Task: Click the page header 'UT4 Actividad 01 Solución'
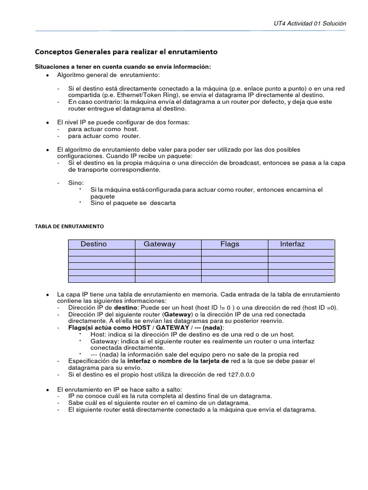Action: click(x=309, y=23)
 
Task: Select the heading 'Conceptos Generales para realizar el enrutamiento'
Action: click(x=126, y=52)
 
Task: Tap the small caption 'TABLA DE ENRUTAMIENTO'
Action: click(x=69, y=225)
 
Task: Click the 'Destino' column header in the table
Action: click(x=94, y=244)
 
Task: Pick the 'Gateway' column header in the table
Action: click(x=160, y=244)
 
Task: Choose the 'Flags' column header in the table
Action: click(x=230, y=244)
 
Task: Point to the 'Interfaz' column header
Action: click(x=292, y=244)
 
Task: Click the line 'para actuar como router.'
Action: click(x=98, y=136)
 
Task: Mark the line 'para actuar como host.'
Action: click(x=96, y=129)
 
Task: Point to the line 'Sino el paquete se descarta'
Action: click(x=133, y=203)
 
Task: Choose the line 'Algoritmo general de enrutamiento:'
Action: click(x=109, y=76)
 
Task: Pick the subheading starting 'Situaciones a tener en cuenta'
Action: click(x=123, y=67)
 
